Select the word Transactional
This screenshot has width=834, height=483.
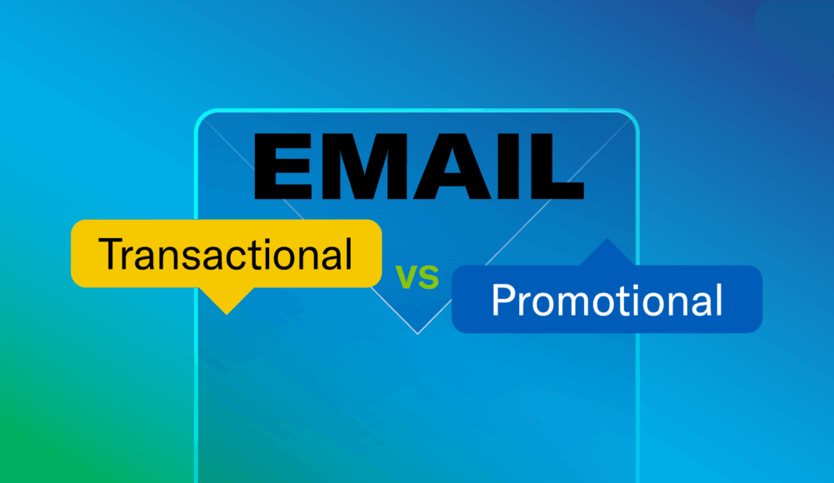[x=225, y=253]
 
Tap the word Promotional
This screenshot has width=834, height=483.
[x=607, y=300]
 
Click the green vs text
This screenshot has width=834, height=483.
[x=417, y=278]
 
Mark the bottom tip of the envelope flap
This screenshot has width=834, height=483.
[x=417, y=332]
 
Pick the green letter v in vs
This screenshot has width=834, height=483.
[x=406, y=278]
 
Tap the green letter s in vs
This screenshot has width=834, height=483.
[x=428, y=278]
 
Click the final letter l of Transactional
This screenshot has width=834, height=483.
[x=348, y=253]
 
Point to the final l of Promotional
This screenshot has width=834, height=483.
[x=717, y=300]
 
